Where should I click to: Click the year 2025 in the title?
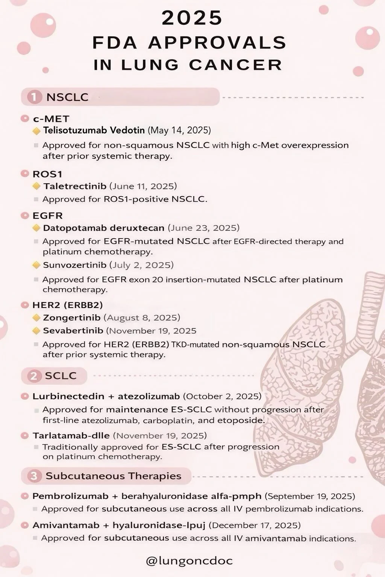192,18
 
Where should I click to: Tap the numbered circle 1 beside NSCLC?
34,97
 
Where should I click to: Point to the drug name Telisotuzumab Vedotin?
94,130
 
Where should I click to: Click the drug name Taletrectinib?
75,186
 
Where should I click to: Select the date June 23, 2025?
203,228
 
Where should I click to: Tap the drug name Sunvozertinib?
74,265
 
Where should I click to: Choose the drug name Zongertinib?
71,318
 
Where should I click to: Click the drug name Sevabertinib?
73,331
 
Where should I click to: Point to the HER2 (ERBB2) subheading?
68,305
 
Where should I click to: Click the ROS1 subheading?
47,174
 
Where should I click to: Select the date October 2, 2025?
222,396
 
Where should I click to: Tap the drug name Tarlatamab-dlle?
71,436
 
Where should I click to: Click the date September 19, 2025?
310,496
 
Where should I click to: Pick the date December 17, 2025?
255,525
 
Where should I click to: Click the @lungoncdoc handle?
189,561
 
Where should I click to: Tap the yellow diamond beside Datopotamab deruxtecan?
36,228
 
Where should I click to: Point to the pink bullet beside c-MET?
25,119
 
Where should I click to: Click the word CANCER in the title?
236,65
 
